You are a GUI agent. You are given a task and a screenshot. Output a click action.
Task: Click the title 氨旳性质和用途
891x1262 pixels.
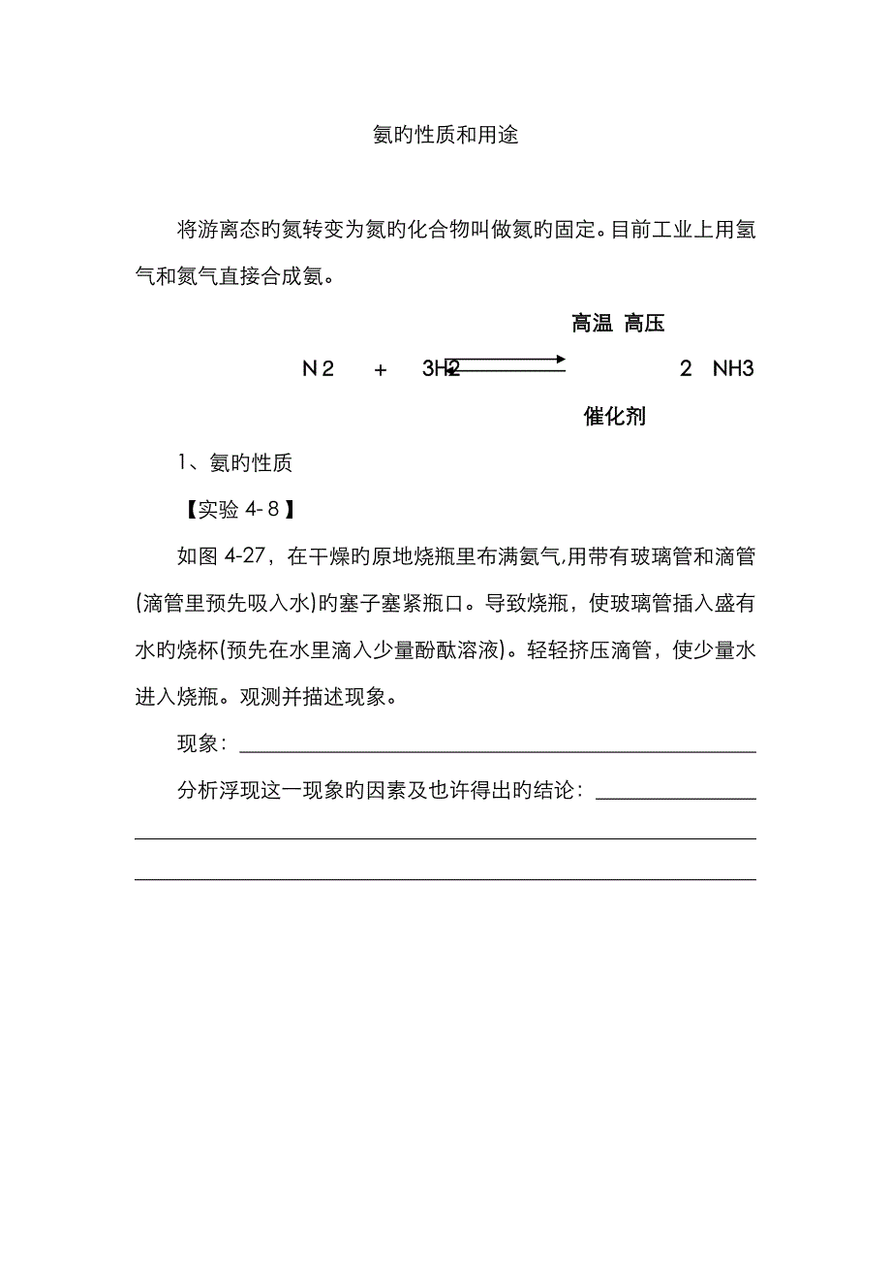tap(445, 135)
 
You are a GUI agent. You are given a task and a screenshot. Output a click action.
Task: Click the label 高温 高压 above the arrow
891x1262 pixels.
tap(618, 324)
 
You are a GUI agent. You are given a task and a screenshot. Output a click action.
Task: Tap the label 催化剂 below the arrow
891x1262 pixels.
tap(615, 417)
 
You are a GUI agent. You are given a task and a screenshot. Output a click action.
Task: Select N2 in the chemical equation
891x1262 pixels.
tap(318, 369)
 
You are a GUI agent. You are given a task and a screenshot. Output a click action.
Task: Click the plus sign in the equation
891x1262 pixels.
tap(381, 369)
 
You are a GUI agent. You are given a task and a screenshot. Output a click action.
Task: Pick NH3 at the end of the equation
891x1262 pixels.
tap(733, 369)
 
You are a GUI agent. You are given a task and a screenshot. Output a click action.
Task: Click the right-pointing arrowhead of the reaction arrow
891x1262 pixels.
tap(561, 360)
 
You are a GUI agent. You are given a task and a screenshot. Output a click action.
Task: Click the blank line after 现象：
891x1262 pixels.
tap(497, 750)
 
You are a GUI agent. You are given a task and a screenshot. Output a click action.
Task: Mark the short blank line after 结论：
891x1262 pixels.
tap(676, 798)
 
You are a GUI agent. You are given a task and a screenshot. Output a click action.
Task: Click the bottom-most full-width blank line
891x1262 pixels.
tap(445, 879)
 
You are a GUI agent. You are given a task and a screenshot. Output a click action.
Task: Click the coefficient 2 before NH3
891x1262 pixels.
tap(686, 369)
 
